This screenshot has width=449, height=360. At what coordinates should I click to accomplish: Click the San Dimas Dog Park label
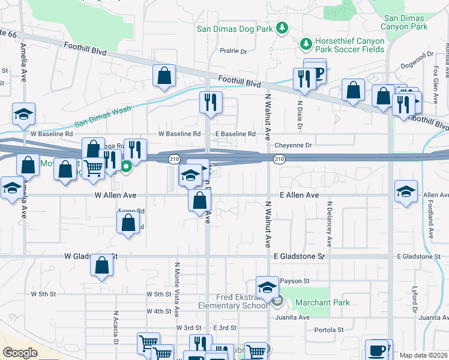234,28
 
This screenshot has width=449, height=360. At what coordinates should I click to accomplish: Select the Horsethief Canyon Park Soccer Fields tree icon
306,44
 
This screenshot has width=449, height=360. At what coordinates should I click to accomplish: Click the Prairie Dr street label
234,52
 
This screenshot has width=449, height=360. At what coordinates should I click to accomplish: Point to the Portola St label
328,329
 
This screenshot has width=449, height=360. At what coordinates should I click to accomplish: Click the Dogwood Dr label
418,58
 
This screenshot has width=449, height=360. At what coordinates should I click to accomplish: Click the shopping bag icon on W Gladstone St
102,265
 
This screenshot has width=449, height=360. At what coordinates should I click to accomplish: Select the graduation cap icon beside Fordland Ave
406,191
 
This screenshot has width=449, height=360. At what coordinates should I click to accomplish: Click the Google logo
20,353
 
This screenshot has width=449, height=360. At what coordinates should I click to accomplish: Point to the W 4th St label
158,311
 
